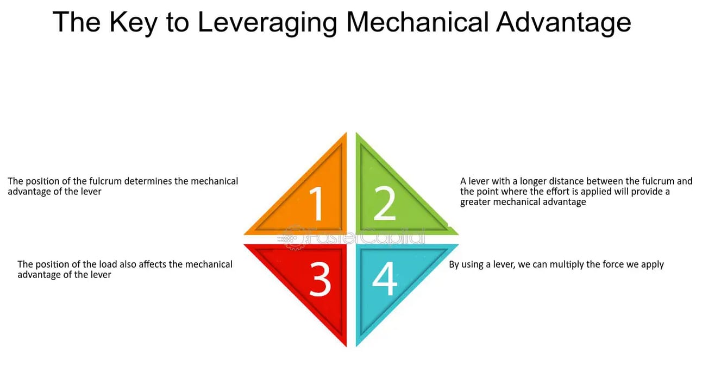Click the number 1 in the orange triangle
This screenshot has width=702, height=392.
(316, 204)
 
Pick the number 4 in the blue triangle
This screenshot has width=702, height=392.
(385, 278)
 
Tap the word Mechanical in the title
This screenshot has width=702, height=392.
(417, 23)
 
